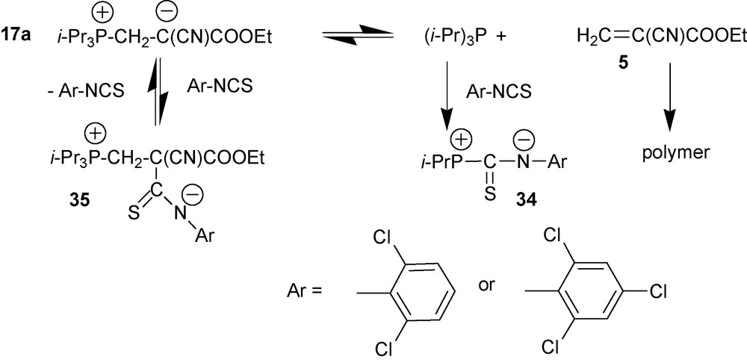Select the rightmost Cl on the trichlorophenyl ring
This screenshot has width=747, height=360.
tap(658, 291)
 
